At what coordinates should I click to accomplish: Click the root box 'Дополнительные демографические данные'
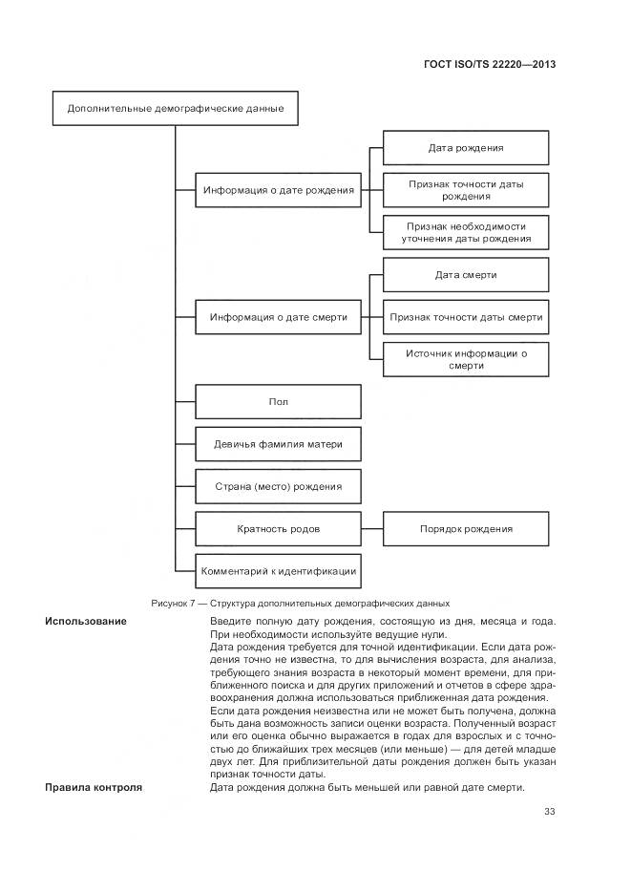click(175, 108)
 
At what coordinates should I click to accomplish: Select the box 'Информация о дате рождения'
click(278, 189)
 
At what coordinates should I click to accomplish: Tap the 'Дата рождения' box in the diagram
click(466, 148)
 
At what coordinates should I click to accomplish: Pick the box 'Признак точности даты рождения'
click(466, 189)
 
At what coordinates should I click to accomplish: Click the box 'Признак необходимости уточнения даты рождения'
click(466, 232)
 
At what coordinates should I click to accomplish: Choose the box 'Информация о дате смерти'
click(278, 316)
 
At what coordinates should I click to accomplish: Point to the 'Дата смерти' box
click(466, 275)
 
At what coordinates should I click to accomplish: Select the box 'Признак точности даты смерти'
click(466, 316)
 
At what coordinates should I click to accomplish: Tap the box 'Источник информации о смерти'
click(466, 359)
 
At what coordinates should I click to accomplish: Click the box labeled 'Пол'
click(278, 401)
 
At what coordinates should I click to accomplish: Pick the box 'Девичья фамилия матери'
click(278, 444)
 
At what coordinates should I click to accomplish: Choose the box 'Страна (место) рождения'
click(278, 486)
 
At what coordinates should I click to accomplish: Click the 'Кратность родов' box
click(278, 528)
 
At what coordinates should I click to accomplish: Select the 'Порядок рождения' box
click(466, 528)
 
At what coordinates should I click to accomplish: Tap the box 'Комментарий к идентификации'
click(278, 570)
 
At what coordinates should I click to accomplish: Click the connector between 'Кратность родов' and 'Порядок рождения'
click(372, 528)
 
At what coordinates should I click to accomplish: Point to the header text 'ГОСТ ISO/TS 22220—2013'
click(489, 65)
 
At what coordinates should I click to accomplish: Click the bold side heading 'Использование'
click(86, 622)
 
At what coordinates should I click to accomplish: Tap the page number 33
click(549, 812)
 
